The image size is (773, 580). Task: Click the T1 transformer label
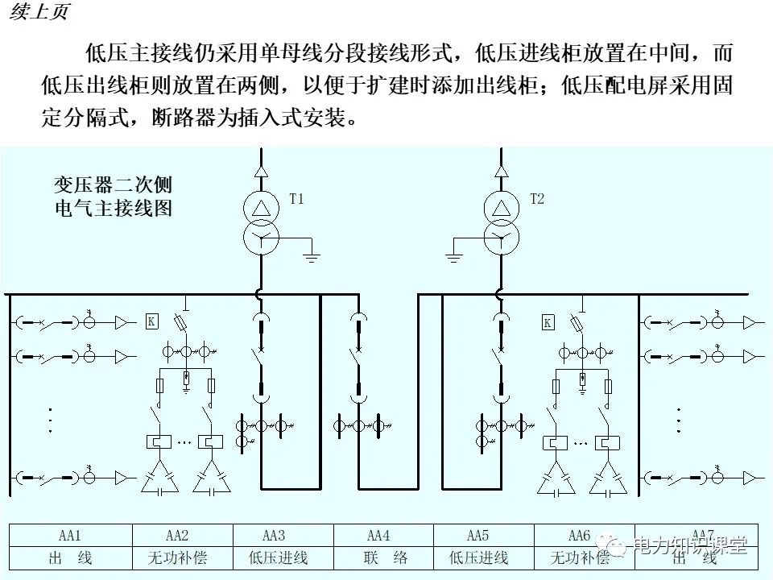click(297, 199)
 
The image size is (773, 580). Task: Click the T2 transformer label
click(537, 199)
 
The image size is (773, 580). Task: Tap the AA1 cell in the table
click(70, 536)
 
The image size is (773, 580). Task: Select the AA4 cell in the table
click(378, 536)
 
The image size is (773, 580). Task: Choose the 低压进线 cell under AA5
click(478, 557)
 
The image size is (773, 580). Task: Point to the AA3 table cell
click(274, 536)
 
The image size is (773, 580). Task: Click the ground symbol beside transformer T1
click(312, 257)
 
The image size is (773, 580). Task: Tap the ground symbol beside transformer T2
click(453, 257)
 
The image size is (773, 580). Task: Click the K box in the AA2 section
click(151, 321)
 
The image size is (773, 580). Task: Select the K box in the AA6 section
click(548, 323)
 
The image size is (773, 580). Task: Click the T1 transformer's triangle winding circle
click(260, 207)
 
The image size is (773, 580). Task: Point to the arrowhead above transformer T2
click(500, 171)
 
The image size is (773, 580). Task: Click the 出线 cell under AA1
click(70, 557)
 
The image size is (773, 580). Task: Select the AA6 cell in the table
click(580, 536)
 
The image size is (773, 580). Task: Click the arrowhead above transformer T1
click(260, 171)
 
